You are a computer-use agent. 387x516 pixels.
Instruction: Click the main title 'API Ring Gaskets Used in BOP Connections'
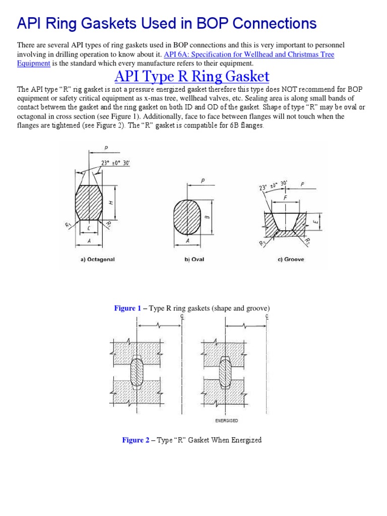(167, 23)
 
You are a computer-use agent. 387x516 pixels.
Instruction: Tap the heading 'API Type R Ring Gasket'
(191, 77)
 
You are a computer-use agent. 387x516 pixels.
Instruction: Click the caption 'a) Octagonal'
(98, 260)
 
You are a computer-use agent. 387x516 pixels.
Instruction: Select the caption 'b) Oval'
(195, 260)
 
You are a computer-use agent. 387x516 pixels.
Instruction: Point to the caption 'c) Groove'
(290, 260)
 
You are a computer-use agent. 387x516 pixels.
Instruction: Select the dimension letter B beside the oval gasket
(207, 217)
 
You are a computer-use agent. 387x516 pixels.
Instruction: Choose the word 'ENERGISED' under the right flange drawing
(226, 420)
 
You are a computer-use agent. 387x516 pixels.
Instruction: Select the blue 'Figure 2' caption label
(136, 440)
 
